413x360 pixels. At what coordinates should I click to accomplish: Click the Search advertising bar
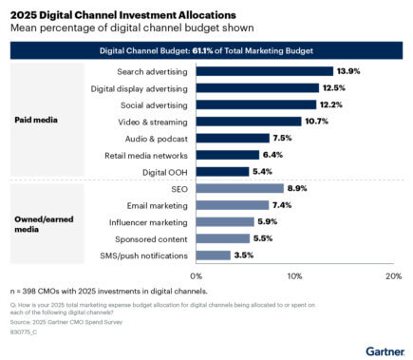point(264,71)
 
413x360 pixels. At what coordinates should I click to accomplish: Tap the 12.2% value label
point(331,104)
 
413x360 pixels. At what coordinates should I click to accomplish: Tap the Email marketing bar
point(232,205)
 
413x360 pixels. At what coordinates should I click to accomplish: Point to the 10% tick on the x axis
point(294,275)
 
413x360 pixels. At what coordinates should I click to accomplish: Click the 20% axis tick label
point(392,275)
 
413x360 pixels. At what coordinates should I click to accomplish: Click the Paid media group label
point(36,121)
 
